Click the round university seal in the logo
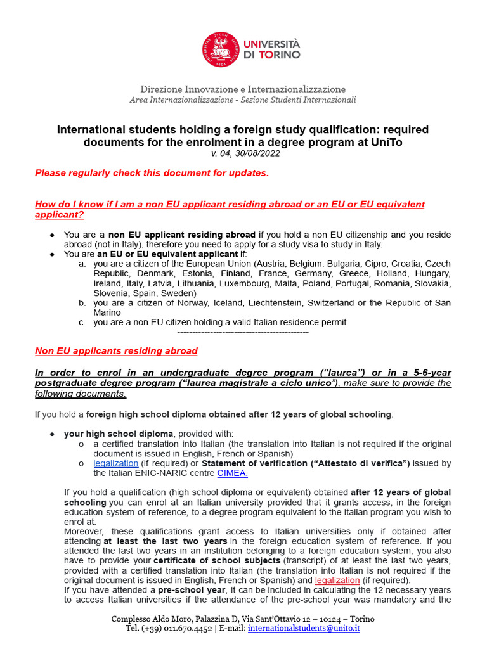click(x=221, y=50)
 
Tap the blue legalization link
click(x=115, y=463)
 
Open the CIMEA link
click(x=232, y=473)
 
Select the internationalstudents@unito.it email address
click(x=304, y=628)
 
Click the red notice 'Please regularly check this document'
click(x=152, y=173)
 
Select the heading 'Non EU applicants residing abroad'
click(x=116, y=351)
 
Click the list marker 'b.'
click(x=82, y=303)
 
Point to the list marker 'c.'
click(x=82, y=322)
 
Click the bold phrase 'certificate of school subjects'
click(x=212, y=561)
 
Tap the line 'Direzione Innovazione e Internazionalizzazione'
click(x=243, y=89)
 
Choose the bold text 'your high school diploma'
click(x=119, y=434)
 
